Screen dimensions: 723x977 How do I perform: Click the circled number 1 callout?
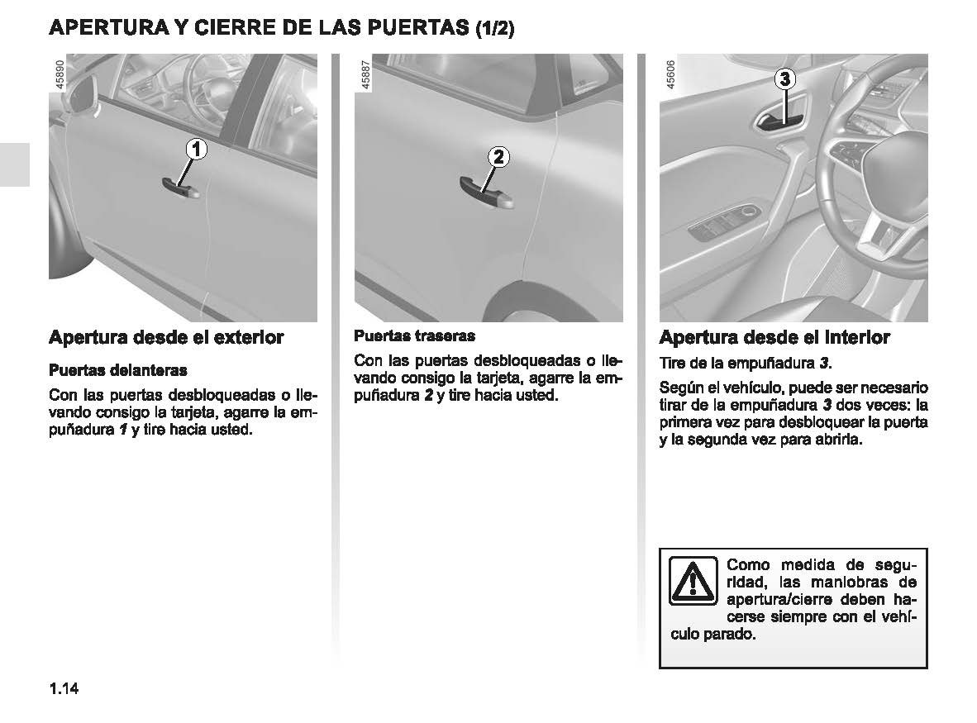tap(196, 150)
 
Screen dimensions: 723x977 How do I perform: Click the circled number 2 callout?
tap(499, 157)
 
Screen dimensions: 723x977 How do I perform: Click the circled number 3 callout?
tap(784, 80)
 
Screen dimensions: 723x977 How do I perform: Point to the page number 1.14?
tap(63, 689)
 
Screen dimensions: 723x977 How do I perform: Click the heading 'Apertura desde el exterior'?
tap(166, 337)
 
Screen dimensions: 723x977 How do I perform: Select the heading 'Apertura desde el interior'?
tap(774, 337)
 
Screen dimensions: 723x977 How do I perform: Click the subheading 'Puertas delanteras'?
tap(118, 369)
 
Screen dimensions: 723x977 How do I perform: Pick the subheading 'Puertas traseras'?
tap(414, 336)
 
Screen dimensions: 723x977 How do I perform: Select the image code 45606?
tap(670, 75)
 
